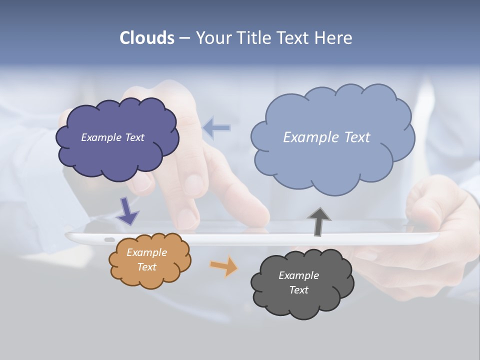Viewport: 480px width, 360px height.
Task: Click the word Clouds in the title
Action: click(x=146, y=38)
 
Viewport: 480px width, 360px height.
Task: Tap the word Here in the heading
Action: click(x=334, y=38)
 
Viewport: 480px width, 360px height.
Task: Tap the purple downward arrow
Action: click(x=127, y=210)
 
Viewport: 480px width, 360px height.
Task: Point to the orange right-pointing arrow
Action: click(x=224, y=266)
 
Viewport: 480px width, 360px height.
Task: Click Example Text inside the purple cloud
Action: click(x=112, y=137)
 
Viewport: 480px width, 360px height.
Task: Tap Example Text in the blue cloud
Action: click(x=326, y=137)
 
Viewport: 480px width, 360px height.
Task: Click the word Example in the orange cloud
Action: click(x=146, y=252)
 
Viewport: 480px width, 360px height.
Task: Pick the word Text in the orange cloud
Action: click(x=146, y=267)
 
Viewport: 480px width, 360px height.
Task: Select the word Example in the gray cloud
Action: click(x=298, y=275)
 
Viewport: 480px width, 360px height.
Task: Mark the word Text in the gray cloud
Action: click(x=298, y=290)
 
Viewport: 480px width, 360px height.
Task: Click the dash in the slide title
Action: click(x=184, y=38)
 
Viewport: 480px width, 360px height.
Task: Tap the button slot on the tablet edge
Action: click(x=109, y=239)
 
